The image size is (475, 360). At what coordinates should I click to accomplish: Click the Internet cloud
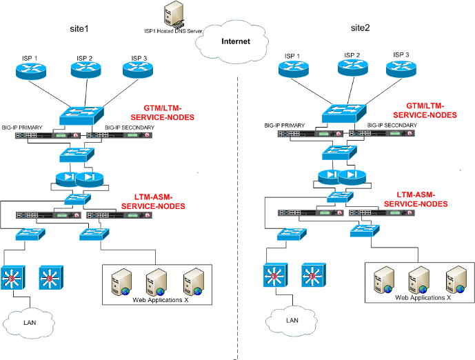coord(234,42)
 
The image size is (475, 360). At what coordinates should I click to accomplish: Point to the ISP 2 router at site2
coord(352,67)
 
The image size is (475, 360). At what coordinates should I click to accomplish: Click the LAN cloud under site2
coord(292,320)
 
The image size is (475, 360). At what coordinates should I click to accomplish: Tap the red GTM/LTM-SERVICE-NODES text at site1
coord(168,112)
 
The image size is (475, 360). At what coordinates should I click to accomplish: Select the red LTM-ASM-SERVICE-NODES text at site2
coord(416,199)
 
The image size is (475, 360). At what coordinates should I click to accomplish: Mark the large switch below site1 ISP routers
coord(81,115)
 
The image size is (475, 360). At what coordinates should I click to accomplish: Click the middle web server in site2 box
coord(418,281)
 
